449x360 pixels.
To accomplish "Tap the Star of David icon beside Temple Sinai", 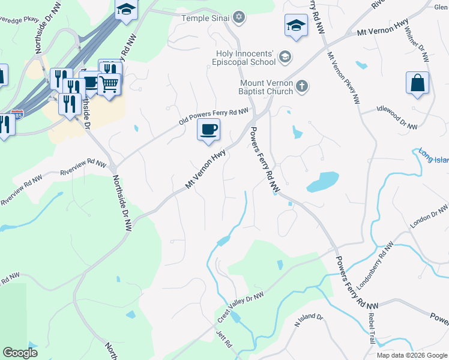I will pos(239,17).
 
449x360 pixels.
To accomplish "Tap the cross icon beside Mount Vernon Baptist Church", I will pos(302,87).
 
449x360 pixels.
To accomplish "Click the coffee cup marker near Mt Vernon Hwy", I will pos(208,130).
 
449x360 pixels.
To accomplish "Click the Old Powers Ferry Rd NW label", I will pos(214,117).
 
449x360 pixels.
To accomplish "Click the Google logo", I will pos(20,352).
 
